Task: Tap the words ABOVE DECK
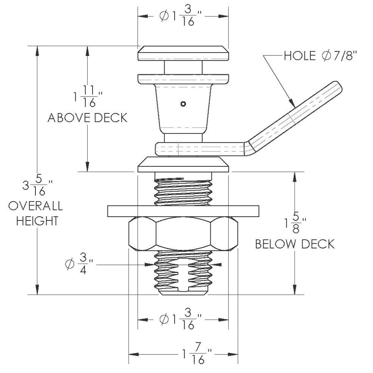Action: [x=87, y=118]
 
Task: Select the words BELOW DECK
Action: [x=295, y=244]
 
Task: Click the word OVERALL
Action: [x=36, y=206]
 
